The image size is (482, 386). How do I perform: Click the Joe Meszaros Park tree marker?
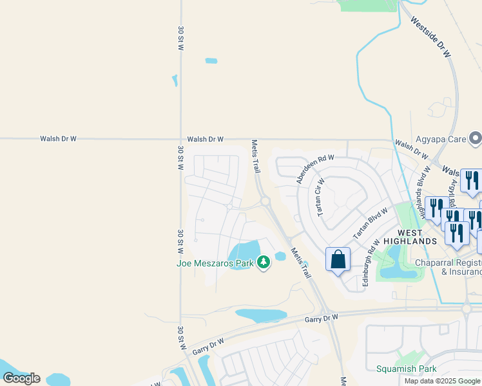263,262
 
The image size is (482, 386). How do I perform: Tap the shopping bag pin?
338,261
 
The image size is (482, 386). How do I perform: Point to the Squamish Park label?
407,369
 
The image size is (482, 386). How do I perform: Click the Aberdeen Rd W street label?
315,169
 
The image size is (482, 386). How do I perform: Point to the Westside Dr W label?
430,37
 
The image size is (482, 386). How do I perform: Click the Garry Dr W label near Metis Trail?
322,318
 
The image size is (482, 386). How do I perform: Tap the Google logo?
21,378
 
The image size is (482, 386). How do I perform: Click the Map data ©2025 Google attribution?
442,381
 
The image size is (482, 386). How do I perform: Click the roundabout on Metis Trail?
265,202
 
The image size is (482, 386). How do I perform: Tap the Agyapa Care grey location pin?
476,138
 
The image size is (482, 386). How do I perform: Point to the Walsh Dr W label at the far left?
58,138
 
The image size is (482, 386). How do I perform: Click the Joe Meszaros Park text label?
215,262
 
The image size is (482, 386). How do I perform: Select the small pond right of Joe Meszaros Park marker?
280,256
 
